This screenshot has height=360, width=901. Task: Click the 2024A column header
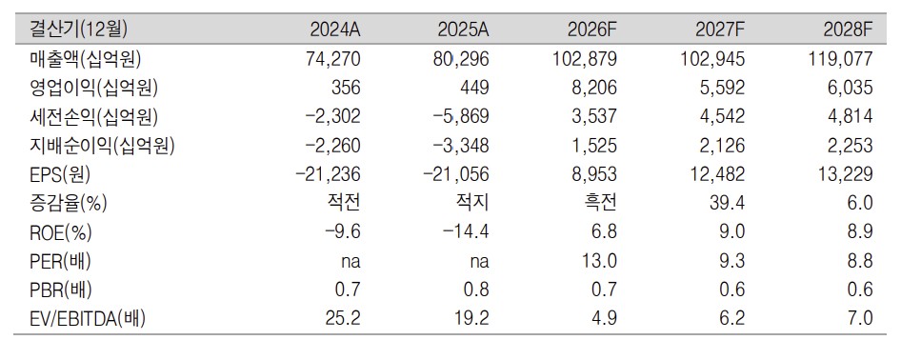(335, 30)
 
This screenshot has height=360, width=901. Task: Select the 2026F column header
(591, 30)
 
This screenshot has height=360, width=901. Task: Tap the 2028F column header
(848, 30)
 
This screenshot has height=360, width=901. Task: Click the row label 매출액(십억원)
(86, 58)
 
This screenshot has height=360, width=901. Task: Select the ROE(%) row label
(61, 232)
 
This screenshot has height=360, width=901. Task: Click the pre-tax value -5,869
(461, 116)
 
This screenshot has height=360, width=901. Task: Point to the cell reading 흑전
(600, 203)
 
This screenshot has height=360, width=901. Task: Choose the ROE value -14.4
(466, 232)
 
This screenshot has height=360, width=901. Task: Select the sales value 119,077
(841, 58)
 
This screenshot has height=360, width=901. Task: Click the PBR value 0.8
(476, 290)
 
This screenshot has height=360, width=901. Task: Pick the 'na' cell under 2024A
(350, 262)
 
